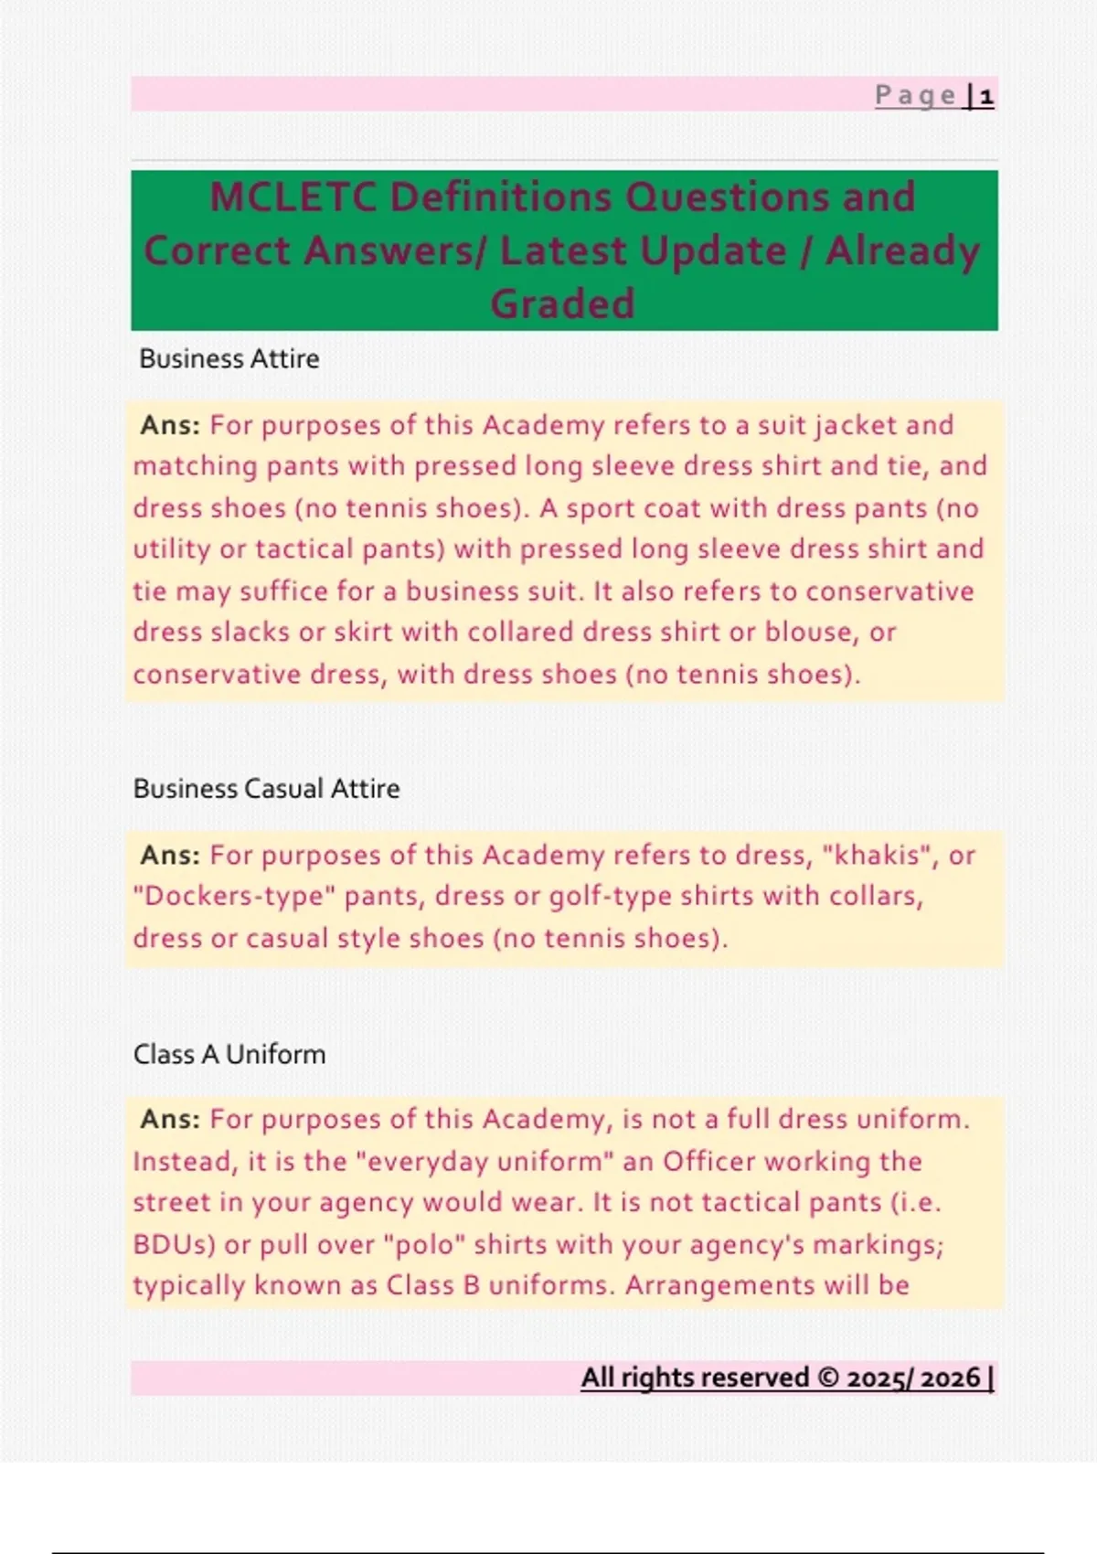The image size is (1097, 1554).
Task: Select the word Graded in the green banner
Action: pos(562,304)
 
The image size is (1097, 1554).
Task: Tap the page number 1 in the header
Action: pos(986,96)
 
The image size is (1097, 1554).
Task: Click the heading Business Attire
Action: pos(229,358)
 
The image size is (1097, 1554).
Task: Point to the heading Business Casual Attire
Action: pos(266,788)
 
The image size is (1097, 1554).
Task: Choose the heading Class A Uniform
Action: pos(229,1054)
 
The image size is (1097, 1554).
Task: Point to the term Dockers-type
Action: pos(234,896)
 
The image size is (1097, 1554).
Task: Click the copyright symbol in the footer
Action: pos(828,1378)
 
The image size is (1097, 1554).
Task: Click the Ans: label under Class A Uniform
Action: pos(170,1119)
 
